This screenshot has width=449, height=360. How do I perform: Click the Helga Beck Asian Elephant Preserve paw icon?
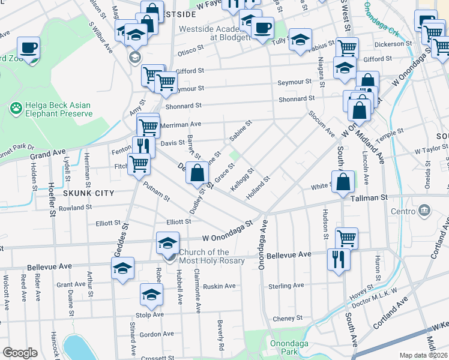pyautogui.click(x=16, y=109)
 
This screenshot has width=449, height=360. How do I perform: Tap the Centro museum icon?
pyautogui.click(x=425, y=211)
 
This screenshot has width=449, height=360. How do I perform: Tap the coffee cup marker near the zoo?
pyautogui.click(x=28, y=47)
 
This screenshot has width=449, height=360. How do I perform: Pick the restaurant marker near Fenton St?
pyautogui.click(x=143, y=146)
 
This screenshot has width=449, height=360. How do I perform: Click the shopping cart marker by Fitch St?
pyautogui.click(x=139, y=163)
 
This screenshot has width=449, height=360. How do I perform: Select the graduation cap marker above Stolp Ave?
pyautogui.click(x=152, y=295)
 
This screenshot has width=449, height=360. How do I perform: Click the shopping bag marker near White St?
pyautogui.click(x=343, y=183)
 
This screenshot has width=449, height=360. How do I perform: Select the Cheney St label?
pyautogui.click(x=286, y=319)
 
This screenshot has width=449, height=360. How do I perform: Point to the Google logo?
pyautogui.click(x=20, y=352)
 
